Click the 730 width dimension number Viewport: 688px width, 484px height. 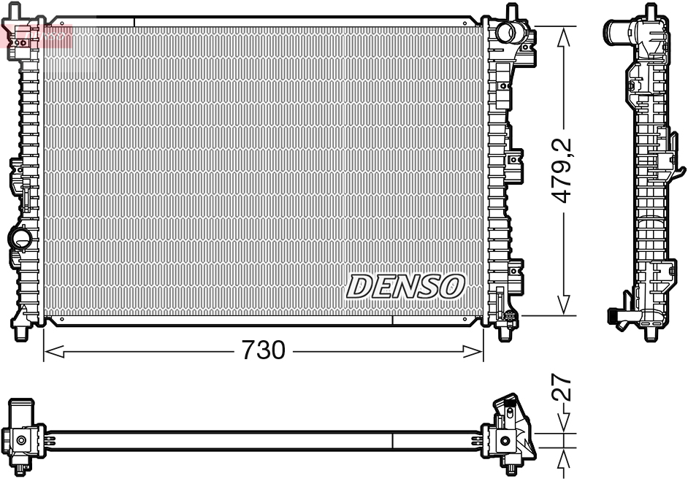click(x=263, y=351)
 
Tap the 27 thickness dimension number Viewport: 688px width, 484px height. click(x=562, y=389)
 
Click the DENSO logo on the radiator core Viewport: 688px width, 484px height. click(x=405, y=286)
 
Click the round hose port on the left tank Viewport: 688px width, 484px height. click(x=19, y=238)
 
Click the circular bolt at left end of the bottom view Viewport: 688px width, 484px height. click(x=21, y=440)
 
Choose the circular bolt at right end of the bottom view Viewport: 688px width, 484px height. click(x=505, y=439)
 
